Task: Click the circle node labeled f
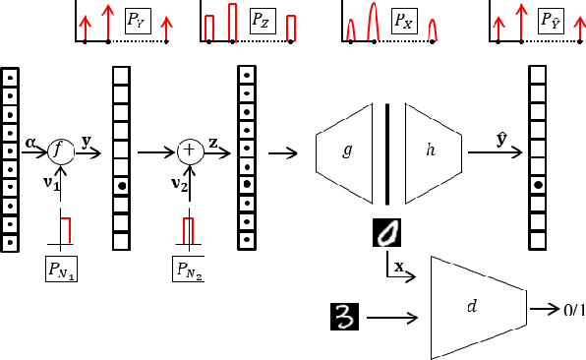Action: (61, 151)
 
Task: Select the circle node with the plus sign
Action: (189, 151)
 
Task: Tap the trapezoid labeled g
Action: (346, 150)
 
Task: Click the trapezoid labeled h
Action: (432, 150)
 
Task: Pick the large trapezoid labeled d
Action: (475, 308)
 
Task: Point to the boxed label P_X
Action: (403, 20)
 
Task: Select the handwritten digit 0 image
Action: (388, 232)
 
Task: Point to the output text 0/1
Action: (574, 310)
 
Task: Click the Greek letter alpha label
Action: (30, 143)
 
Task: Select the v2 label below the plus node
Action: (177, 183)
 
